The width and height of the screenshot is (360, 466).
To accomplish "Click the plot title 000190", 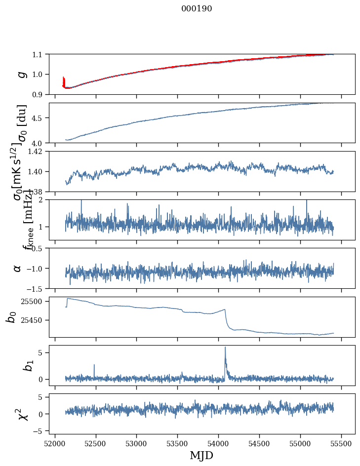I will pos(197,8).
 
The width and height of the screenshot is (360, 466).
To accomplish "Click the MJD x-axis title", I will pos(201,455).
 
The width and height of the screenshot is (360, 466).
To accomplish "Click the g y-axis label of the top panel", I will pos(21,74).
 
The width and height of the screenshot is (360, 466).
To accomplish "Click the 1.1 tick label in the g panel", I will pos(40,54).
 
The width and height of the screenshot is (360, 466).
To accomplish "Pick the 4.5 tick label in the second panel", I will pos(40,118).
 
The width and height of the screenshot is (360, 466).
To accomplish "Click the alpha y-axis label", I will pos(18,268).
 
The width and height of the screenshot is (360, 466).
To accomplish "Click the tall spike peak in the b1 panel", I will pos(225,348).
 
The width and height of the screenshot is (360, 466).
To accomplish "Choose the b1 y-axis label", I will pos(15,365).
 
